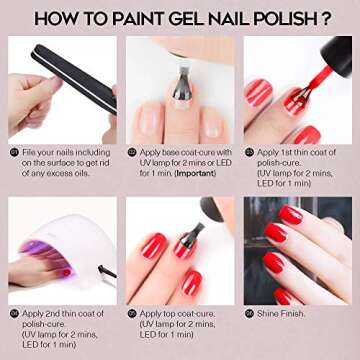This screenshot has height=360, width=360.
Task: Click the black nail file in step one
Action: (x=74, y=78)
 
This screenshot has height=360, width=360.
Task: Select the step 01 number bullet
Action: (x=14, y=153)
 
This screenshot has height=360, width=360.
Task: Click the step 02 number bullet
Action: (x=132, y=153)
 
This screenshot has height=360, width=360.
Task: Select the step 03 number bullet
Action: (x=249, y=153)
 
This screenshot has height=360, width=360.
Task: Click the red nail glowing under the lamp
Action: (x=67, y=272)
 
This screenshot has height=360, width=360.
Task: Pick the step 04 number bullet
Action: (x=14, y=314)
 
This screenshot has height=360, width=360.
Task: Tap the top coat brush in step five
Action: (x=193, y=236)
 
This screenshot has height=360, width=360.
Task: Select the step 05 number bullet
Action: (x=132, y=314)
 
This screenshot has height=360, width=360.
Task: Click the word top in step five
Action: (x=168, y=314)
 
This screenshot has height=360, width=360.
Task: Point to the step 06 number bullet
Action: (x=249, y=314)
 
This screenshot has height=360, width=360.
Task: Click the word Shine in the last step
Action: (x=268, y=314)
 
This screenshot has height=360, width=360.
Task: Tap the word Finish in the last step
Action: (x=293, y=314)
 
